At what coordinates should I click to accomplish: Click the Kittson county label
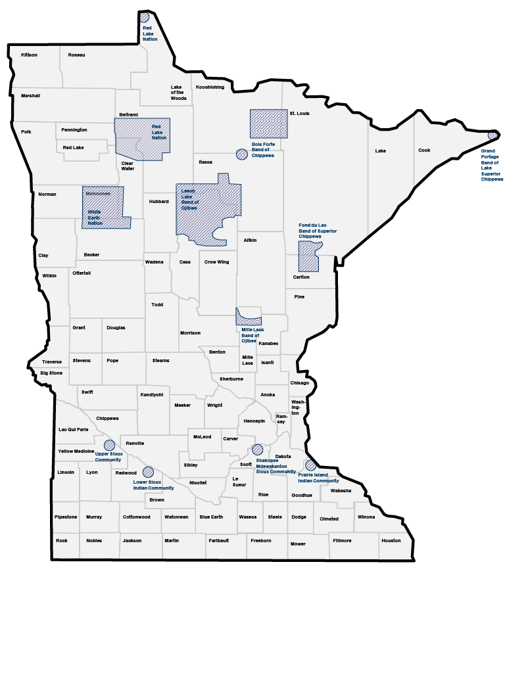pyautogui.click(x=29, y=55)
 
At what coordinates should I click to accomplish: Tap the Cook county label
pyautogui.click(x=424, y=151)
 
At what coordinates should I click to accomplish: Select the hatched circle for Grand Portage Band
pyautogui.click(x=493, y=135)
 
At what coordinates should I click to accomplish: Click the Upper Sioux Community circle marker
pyautogui.click(x=109, y=445)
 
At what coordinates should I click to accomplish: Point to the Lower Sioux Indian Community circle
pyautogui.click(x=148, y=472)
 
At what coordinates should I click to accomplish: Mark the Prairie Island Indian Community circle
pyautogui.click(x=310, y=465)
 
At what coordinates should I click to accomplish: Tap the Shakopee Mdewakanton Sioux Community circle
pyautogui.click(x=257, y=450)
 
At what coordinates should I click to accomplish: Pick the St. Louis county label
pyautogui.click(x=299, y=114)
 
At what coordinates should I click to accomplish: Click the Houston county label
pyautogui.click(x=391, y=540)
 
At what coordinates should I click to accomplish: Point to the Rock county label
pyautogui.click(x=62, y=540)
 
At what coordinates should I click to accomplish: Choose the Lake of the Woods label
pyautogui.click(x=178, y=93)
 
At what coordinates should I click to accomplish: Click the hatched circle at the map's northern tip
pyautogui.click(x=145, y=17)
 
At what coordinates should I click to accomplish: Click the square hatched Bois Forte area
pyautogui.click(x=268, y=124)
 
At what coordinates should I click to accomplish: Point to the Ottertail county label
pyautogui.click(x=82, y=273)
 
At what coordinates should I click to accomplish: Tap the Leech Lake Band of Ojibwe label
pyautogui.click(x=189, y=199)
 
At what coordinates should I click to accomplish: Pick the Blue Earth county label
pyautogui.click(x=211, y=517)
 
